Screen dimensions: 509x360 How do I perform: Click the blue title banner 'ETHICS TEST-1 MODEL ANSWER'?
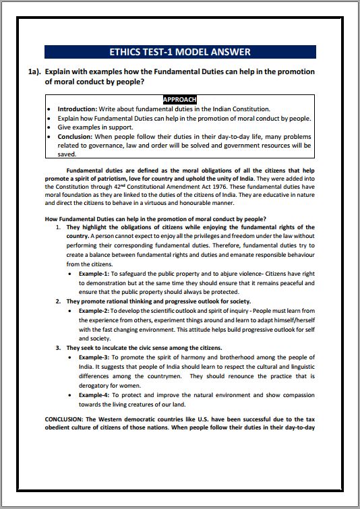pyautogui.click(x=179, y=52)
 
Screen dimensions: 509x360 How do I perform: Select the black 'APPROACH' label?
pyautogui.click(x=179, y=99)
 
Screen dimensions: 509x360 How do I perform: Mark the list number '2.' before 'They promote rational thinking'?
pyautogui.click(x=59, y=301)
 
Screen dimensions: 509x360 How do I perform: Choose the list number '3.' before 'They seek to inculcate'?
pyautogui.click(x=59, y=347)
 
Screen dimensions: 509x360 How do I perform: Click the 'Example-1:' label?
pyautogui.click(x=94, y=274)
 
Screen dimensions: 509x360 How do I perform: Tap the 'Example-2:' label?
pyautogui.click(x=94, y=310)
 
